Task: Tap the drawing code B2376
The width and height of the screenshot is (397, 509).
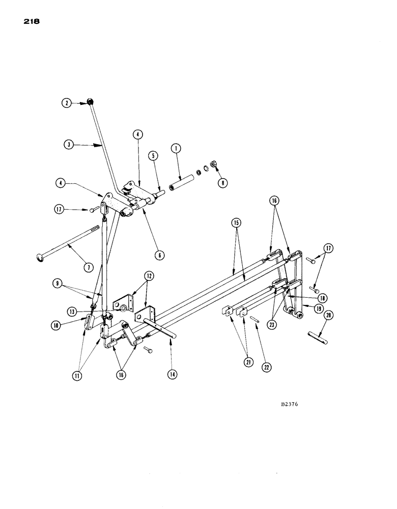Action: point(289,405)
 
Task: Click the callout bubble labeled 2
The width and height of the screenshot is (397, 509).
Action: point(67,103)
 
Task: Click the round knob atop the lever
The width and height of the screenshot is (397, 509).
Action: point(89,102)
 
